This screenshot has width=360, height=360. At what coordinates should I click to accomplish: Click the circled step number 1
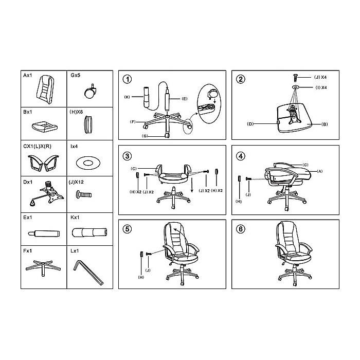click(127, 79)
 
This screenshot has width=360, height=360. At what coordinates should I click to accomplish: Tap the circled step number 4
click(240, 156)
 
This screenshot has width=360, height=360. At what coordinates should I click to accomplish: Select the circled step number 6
click(240, 229)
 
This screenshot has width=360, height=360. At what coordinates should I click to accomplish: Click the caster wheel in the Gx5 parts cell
click(89, 92)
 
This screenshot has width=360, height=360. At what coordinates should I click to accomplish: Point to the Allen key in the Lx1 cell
click(88, 273)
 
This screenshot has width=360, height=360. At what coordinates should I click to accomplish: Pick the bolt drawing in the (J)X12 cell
click(83, 194)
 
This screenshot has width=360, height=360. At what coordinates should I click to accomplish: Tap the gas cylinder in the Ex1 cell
click(44, 233)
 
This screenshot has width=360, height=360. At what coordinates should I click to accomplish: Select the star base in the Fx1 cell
click(43, 267)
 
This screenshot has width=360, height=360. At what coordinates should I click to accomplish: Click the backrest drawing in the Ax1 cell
click(45, 87)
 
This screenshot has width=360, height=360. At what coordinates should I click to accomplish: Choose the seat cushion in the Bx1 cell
click(45, 127)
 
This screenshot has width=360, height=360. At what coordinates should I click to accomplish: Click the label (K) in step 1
click(127, 97)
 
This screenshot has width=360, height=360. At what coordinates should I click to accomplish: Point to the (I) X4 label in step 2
click(321, 87)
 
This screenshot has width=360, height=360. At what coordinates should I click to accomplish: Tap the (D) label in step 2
click(250, 124)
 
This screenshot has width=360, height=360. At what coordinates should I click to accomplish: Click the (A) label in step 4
click(319, 171)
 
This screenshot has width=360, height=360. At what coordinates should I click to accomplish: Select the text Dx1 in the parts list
click(28, 182)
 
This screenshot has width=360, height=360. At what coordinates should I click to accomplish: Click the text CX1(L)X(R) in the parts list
click(37, 146)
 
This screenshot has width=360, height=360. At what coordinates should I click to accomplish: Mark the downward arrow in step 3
click(192, 184)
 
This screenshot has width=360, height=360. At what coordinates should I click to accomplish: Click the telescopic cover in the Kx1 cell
click(89, 232)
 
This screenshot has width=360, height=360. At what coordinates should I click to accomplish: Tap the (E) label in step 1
click(184, 99)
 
